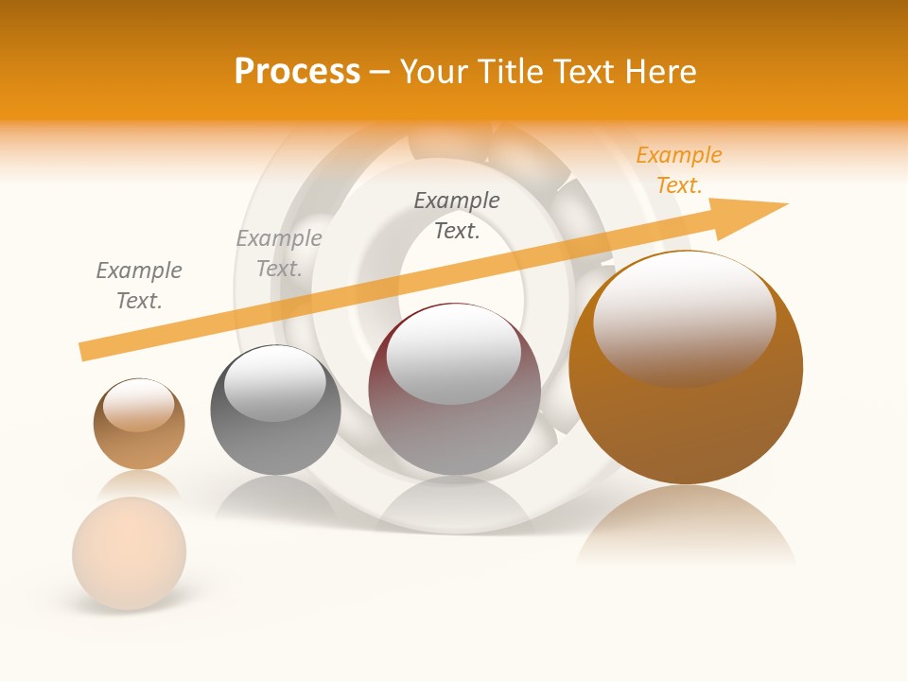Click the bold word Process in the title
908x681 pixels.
pyautogui.click(x=297, y=72)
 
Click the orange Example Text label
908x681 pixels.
pyautogui.click(x=678, y=170)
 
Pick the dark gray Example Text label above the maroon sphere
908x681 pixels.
pyautogui.click(x=457, y=215)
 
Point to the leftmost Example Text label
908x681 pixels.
pyautogui.click(x=139, y=286)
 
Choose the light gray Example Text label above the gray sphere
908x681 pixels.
pyautogui.click(x=279, y=253)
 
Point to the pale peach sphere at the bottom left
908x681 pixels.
pyautogui.click(x=130, y=552)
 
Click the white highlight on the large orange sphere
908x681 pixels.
pyautogui.click(x=684, y=317)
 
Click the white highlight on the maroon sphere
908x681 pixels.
pyautogui.click(x=454, y=352)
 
